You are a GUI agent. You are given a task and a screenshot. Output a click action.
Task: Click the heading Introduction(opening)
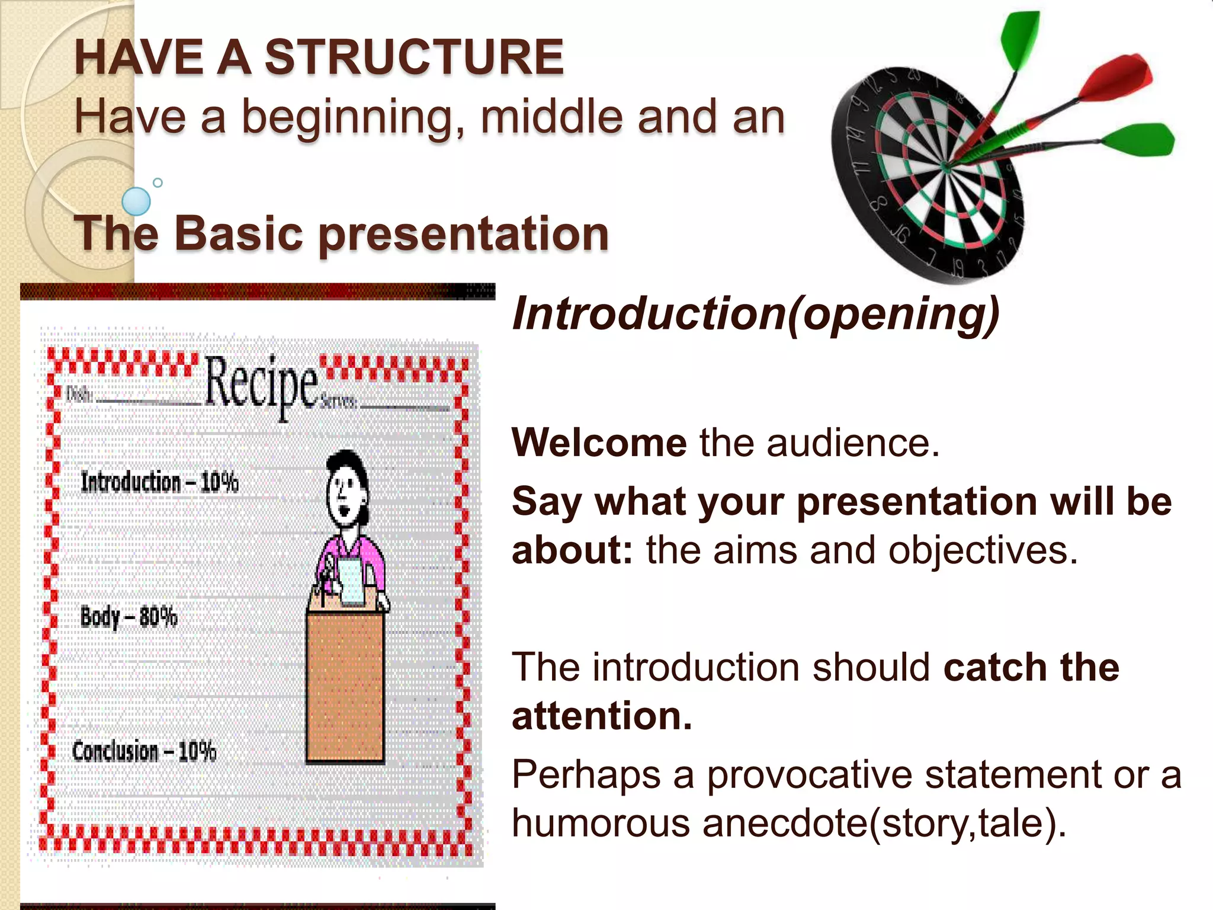pyautogui.click(x=755, y=314)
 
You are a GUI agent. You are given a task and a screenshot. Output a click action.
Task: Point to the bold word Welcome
pyautogui.click(x=599, y=443)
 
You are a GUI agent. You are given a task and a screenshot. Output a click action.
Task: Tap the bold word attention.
pyautogui.click(x=601, y=716)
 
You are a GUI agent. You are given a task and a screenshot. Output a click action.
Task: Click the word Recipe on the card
pyautogui.click(x=261, y=383)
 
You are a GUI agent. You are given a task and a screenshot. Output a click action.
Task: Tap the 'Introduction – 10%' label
pyautogui.click(x=159, y=482)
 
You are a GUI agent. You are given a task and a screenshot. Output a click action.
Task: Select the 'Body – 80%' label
pyautogui.click(x=129, y=617)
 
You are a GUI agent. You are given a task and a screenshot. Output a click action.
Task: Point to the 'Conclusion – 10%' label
pyautogui.click(x=144, y=751)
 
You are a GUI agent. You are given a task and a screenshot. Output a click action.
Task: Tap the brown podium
pyautogui.click(x=345, y=687)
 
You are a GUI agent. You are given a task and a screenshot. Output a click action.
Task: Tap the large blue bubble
pyautogui.click(x=136, y=201)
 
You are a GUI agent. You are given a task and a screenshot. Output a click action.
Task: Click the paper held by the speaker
pyautogui.click(x=353, y=583)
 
